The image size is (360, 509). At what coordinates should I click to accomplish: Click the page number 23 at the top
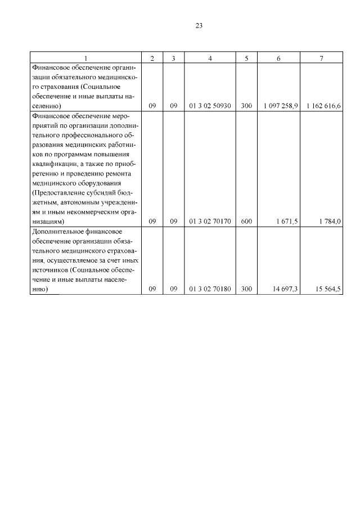point(199,26)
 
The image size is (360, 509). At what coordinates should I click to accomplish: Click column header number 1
point(85,58)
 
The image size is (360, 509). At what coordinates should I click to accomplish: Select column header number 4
point(210,58)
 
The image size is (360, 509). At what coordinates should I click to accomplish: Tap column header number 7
point(321,58)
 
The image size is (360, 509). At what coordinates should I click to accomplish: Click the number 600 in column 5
point(246,222)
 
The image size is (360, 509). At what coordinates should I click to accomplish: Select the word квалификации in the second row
point(51,164)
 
